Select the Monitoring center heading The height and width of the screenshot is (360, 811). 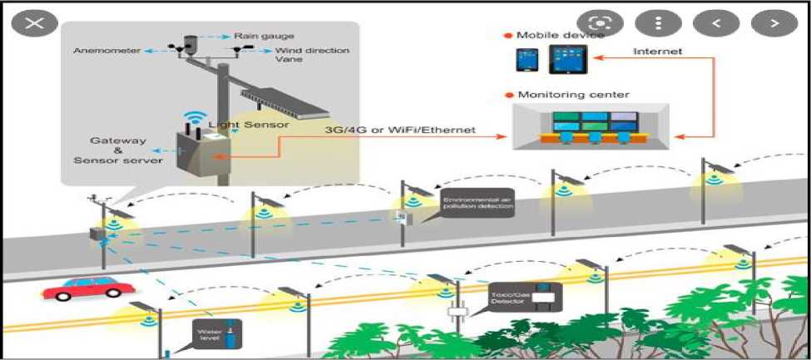click(x=573, y=95)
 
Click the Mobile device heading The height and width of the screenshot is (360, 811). click(x=559, y=35)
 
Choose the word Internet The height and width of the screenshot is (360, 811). click(x=657, y=51)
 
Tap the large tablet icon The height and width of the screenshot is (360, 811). click(x=569, y=59)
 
